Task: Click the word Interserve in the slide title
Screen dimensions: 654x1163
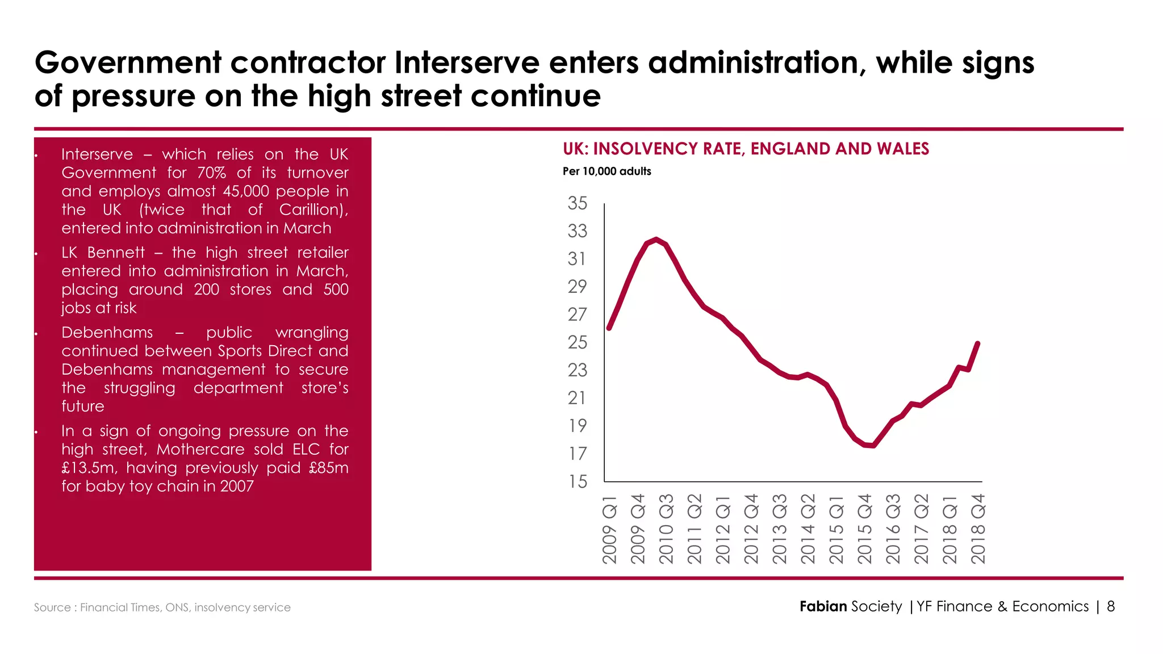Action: (467, 62)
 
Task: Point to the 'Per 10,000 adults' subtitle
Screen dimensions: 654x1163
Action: (606, 171)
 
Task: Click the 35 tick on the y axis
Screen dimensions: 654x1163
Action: (578, 203)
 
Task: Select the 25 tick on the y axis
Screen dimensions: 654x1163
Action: (578, 342)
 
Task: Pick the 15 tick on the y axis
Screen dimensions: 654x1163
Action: (578, 481)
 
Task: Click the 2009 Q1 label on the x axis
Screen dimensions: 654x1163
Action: (610, 529)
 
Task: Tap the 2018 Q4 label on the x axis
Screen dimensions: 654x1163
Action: (978, 529)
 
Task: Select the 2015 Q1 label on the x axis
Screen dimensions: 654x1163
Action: (836, 529)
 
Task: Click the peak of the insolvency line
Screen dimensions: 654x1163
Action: (656, 240)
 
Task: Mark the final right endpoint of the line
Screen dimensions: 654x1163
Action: (978, 343)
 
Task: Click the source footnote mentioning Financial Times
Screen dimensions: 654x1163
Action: (162, 607)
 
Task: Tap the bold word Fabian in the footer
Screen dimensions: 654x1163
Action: (823, 606)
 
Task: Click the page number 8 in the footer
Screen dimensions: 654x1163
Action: (1111, 606)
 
